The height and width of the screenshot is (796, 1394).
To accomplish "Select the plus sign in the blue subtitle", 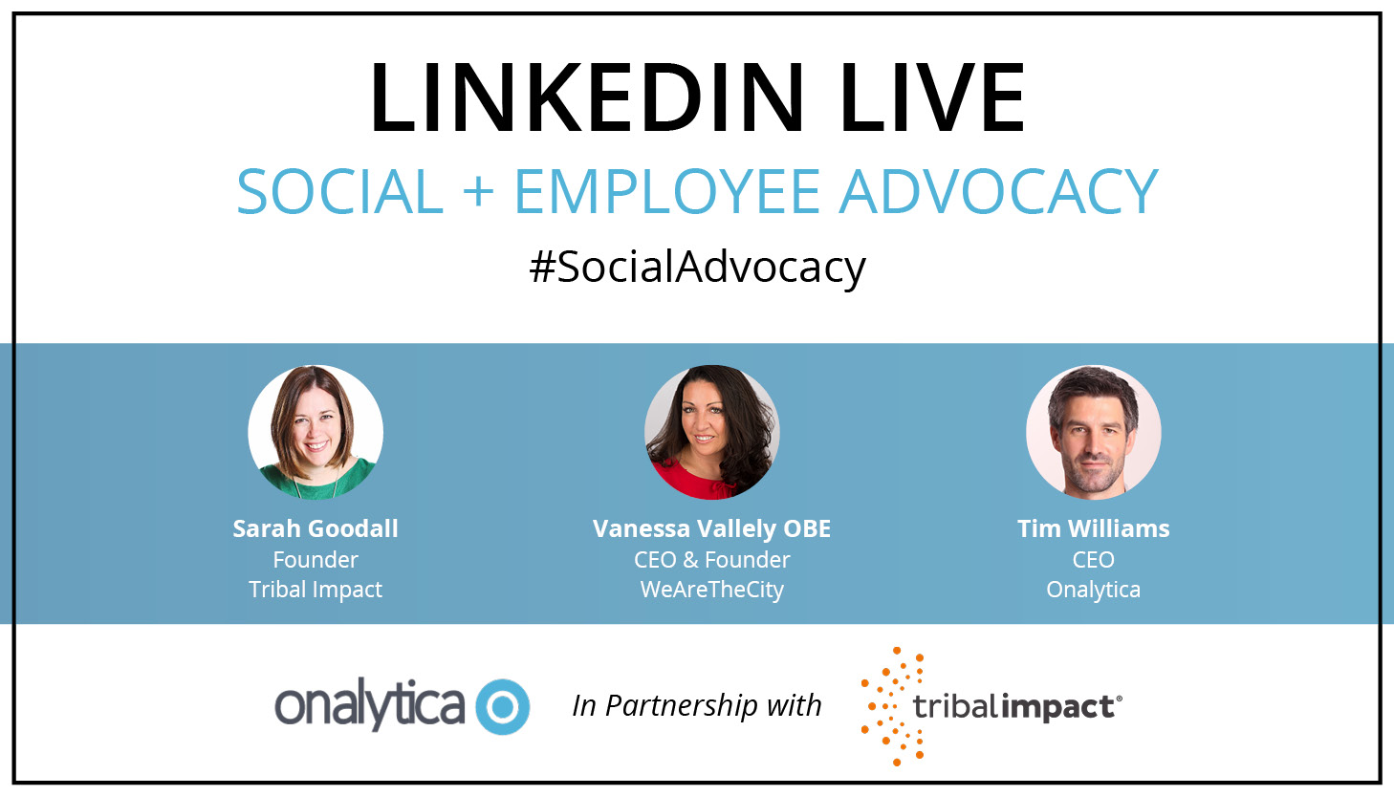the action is coord(479,191).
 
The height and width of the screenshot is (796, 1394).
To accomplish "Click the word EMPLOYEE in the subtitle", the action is coord(667,191).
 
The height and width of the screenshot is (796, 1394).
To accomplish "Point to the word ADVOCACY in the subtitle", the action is coord(998,191).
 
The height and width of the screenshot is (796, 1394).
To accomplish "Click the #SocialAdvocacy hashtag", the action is coord(697,268).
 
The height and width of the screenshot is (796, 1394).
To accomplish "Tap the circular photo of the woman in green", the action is coord(316,432).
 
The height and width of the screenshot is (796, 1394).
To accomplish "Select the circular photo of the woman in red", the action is coord(712,432).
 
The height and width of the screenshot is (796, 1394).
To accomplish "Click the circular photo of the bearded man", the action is coord(1094,432).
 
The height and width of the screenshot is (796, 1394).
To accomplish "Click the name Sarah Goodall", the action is coord(316,528).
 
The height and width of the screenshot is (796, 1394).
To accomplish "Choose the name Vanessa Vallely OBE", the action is coord(712,529).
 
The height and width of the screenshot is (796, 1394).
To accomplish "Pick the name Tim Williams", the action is coord(1094,528).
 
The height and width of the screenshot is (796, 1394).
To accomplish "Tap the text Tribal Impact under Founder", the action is coord(316,590).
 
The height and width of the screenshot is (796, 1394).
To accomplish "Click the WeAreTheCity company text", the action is coord(712,590).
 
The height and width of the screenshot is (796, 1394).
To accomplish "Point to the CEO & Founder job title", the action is coord(712,560).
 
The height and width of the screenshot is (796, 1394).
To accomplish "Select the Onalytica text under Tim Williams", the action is coord(1094,590).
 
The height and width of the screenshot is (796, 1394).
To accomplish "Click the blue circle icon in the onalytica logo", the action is coord(502,706).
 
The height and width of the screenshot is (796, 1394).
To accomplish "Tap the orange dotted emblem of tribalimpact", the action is coord(892,706).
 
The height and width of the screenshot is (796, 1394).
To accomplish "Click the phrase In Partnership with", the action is coord(697,706).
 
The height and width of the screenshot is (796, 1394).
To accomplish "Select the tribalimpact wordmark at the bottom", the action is coord(1017,708).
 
